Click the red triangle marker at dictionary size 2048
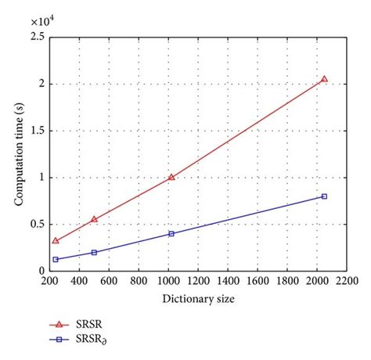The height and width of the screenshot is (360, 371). point(324,79)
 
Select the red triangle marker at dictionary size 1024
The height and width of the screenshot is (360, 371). point(171,177)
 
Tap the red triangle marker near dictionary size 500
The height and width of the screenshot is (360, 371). point(94,219)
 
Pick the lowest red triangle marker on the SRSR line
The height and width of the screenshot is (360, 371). point(55,240)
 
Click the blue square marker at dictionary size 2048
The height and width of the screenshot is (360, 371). point(324,196)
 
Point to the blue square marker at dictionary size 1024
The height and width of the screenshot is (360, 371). point(171,233)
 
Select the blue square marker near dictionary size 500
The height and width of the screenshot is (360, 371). point(94,252)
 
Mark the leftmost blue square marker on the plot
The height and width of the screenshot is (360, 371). point(55,259)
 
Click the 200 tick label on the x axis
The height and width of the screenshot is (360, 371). point(49,281)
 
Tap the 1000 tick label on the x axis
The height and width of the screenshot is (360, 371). point(168,281)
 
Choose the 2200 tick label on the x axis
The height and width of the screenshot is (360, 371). point(347,281)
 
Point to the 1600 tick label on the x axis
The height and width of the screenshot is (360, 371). point(258,281)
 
